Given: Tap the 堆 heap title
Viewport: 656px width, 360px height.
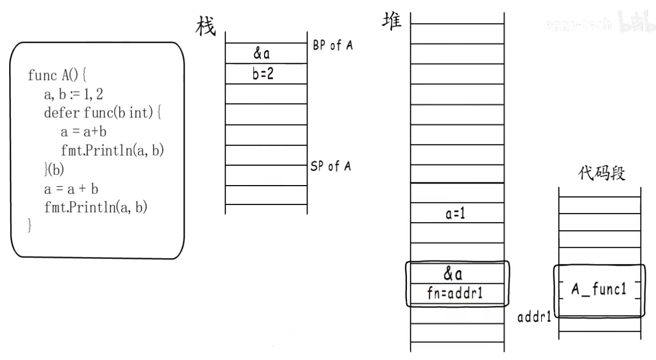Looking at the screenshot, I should coord(391,22).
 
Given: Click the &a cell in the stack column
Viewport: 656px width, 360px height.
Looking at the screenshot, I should coord(261,54).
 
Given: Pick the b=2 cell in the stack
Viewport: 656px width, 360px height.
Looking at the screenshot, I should coord(263,74).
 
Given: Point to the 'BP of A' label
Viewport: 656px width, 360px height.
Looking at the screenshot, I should coord(333,46).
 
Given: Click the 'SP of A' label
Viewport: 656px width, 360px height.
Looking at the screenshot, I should coord(331,166).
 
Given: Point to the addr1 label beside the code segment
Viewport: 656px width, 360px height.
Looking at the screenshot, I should coord(534,317).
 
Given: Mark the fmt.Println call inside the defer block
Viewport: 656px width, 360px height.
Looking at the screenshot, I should coord(112,151).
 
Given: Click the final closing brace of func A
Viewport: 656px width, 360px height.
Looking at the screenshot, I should coord(30,225).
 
